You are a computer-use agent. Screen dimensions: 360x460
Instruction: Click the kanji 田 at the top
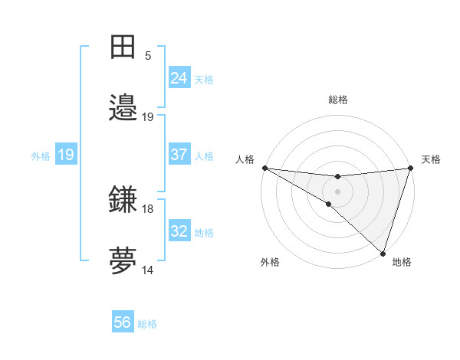coord(123,47)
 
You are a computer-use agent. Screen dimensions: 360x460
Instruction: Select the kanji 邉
coord(123,107)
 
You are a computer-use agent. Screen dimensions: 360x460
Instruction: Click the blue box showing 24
coord(179,78)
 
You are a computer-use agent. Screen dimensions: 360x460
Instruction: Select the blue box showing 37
coord(179,155)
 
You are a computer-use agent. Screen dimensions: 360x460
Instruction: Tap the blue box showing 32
coord(179,231)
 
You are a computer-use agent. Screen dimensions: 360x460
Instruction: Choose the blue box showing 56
coord(123,323)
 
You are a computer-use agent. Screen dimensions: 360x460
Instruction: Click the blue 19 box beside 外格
coord(66,155)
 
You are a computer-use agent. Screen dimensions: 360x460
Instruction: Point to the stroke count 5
coord(148,56)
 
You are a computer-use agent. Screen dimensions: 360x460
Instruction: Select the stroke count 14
coord(148,270)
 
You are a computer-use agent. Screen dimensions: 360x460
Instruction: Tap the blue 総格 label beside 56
coord(147,324)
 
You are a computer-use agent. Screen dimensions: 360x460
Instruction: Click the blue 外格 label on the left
coord(41,155)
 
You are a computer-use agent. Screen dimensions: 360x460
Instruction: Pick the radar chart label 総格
coord(337,100)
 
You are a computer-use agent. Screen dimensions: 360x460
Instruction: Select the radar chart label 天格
coord(431,159)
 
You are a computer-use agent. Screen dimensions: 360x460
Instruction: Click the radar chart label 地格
coord(402,262)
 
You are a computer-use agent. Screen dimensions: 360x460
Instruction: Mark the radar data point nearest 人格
coord(264,168)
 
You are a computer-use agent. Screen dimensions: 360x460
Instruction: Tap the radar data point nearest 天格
coord(410,168)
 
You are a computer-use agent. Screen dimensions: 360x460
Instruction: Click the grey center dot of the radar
coord(337,191)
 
